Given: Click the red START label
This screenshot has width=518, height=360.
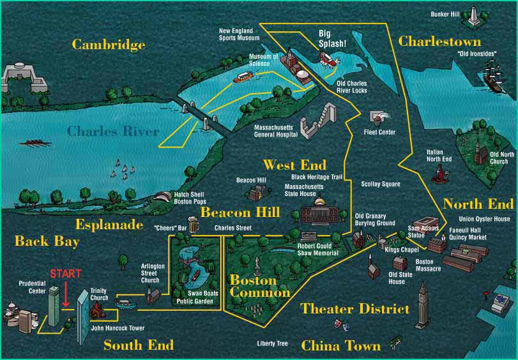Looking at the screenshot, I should click(65, 274).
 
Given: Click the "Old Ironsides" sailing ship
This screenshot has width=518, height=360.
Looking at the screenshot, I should click(495, 73).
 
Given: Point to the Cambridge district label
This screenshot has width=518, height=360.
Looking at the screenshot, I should click(108, 45).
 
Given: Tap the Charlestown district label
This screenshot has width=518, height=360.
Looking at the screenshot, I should click(439, 41).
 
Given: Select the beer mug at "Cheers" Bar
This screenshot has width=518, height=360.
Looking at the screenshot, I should click(195, 226).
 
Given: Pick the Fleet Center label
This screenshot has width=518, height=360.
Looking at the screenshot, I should click(379, 132).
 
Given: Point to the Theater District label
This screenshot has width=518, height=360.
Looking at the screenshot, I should click(354, 309).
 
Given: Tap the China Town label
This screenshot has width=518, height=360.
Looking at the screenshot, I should click(340, 346).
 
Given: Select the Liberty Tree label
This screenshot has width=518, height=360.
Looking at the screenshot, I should click(272, 343).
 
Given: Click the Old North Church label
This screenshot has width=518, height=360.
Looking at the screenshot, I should click(499, 158).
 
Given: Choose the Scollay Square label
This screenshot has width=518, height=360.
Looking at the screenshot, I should click(380, 184).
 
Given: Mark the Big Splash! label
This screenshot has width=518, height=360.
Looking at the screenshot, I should click(332, 39).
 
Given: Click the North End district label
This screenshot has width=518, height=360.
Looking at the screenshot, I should click(478, 204).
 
